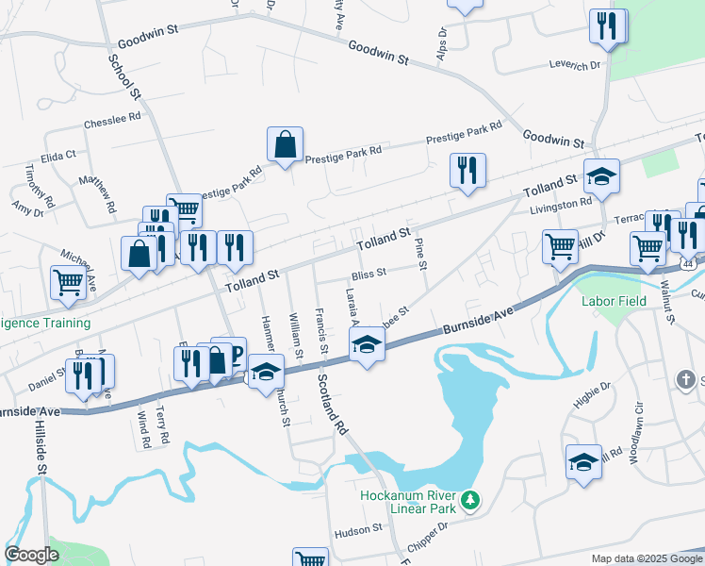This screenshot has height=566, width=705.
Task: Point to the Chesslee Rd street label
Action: tap(111, 121)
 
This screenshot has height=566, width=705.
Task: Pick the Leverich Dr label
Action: tap(574, 65)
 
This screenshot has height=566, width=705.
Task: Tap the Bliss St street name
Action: tap(369, 274)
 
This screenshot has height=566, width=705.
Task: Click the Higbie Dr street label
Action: tap(593, 391)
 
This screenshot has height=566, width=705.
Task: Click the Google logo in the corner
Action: tap(31, 555)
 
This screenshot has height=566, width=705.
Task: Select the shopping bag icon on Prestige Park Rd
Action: tap(285, 145)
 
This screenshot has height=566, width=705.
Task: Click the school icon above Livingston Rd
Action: tap(600, 175)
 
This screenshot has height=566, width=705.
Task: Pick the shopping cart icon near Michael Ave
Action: tap(68, 282)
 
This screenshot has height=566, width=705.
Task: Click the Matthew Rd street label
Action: tap(97, 191)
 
